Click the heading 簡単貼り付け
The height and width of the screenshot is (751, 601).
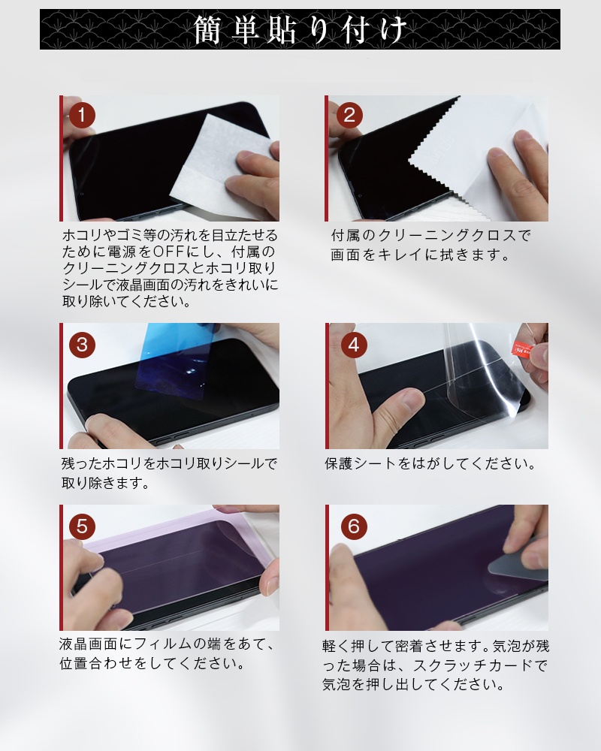coord(300,30)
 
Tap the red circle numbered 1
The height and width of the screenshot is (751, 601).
coord(82,115)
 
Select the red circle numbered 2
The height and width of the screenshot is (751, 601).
coord(349,115)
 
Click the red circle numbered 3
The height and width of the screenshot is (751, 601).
coord(82,345)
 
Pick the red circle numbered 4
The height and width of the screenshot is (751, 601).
coord(354,345)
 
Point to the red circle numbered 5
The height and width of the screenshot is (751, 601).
coord(82,526)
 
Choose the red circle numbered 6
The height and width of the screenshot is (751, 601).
coord(354,526)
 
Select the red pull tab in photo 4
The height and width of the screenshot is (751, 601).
coord(524,348)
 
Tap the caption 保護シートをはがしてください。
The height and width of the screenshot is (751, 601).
coord(430,463)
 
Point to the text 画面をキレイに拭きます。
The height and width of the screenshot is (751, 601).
coord(420,255)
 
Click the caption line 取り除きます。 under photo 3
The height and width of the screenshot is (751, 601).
coord(105,483)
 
